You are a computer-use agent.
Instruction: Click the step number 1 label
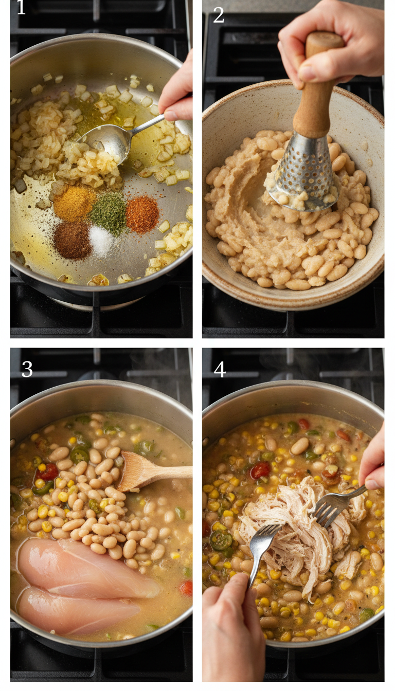(21, 9)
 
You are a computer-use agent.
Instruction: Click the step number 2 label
(219, 15)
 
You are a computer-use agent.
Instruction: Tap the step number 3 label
(27, 369)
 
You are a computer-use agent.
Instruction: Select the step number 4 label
(220, 369)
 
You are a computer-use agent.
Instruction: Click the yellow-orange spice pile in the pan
(75, 204)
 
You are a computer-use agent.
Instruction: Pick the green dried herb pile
(109, 212)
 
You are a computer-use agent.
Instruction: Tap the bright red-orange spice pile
(142, 214)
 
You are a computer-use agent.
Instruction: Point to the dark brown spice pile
(73, 240)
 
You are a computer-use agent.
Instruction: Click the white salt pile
(101, 240)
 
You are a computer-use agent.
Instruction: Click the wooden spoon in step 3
(149, 471)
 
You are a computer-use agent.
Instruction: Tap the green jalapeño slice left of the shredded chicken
(222, 539)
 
